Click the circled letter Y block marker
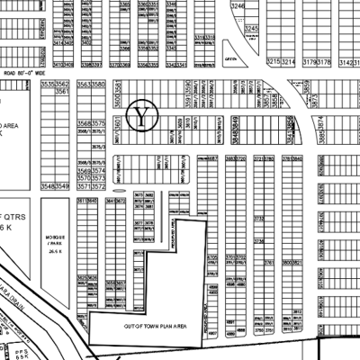pos(143,114)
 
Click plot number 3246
pos(238,6)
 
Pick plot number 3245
pos(252,29)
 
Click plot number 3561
pos(62,92)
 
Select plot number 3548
pos(49,185)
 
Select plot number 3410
pos(60,65)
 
